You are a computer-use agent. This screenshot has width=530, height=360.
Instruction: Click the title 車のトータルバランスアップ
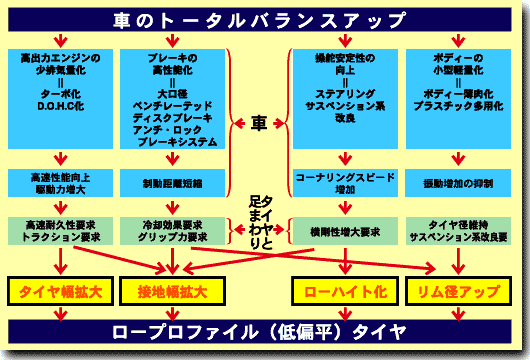click(265, 20)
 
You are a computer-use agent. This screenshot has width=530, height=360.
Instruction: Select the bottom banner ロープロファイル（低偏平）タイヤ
click(264, 331)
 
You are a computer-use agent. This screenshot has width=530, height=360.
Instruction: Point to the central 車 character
click(259, 124)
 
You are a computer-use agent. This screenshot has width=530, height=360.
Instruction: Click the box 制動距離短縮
click(169, 183)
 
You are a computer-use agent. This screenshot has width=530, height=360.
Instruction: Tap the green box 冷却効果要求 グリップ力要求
click(169, 233)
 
